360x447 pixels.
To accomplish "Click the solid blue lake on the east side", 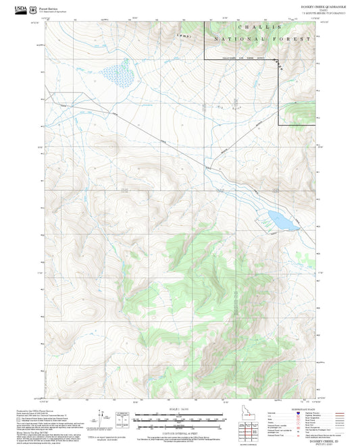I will tap(278, 218).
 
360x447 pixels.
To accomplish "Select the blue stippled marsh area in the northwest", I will tap(116, 73).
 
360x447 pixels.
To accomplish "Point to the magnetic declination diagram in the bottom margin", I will tap(101, 420).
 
